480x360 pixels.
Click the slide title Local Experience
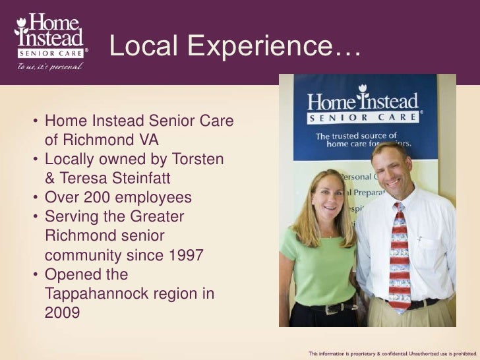coord(234,47)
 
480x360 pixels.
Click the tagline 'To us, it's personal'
coord(45,67)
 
